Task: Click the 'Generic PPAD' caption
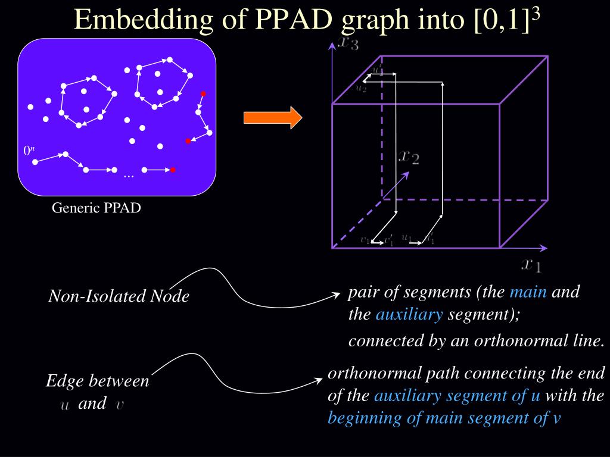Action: [x=97, y=208]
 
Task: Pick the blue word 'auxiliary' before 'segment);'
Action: [x=409, y=315]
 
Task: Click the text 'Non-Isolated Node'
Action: [x=119, y=296]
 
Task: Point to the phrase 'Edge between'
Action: [x=98, y=381]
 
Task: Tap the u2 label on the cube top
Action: [x=361, y=88]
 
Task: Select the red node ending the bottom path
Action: [x=173, y=170]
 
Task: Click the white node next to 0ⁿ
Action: [x=35, y=162]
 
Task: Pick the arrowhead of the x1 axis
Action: [x=545, y=248]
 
